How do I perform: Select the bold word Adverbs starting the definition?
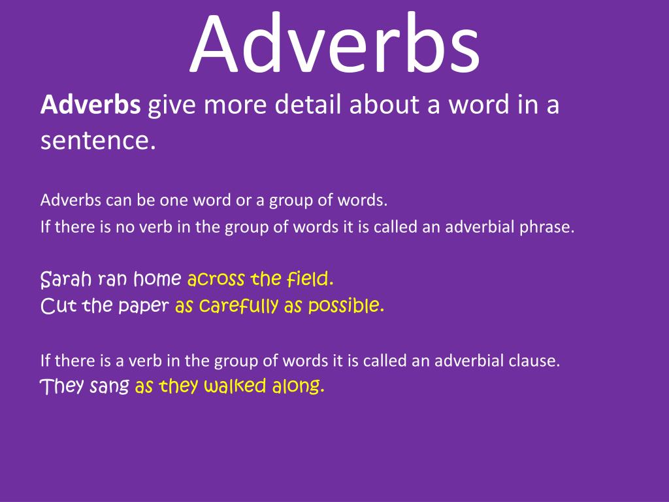point(90,105)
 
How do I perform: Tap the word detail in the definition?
point(306,105)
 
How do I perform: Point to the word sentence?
point(98,140)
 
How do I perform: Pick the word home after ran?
point(157,280)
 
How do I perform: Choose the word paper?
point(144,306)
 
